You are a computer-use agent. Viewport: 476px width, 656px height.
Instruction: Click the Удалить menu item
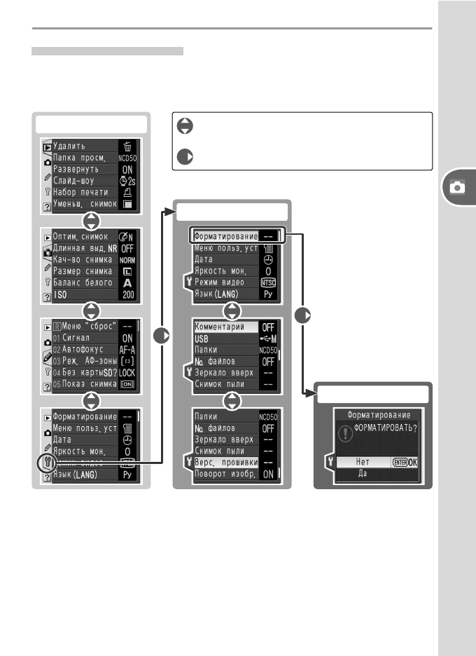[70, 146]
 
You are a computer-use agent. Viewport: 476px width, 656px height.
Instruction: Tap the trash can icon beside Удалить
[127, 146]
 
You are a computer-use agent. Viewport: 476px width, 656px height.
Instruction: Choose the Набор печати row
[80, 192]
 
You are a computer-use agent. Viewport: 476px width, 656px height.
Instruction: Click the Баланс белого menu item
[83, 282]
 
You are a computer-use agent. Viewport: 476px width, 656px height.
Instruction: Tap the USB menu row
[203, 338]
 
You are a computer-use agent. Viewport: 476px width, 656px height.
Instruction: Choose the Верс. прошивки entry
[224, 462]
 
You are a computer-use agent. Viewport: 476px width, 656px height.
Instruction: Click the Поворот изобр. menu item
[224, 474]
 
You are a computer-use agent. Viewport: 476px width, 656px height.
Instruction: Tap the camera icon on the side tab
[457, 188]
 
